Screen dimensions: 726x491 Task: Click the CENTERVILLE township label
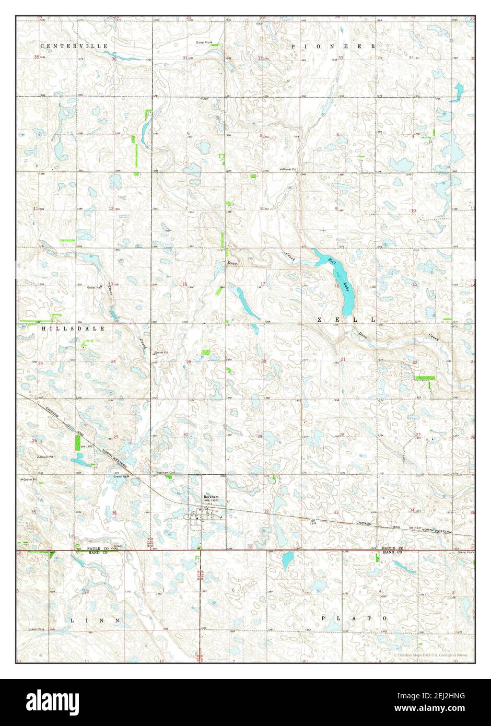click(74, 46)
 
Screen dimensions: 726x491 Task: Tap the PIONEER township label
click(333, 46)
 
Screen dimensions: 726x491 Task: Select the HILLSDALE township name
click(73, 329)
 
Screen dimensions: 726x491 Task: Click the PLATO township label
click(355, 618)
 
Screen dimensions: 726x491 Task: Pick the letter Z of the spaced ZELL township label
click(319, 319)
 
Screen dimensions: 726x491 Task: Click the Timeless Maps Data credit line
click(431, 655)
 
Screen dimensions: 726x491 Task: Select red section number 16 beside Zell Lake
click(337, 286)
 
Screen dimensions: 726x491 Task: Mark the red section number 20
click(264, 361)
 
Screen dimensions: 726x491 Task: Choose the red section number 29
click(260, 436)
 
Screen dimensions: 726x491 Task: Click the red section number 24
click(113, 361)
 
